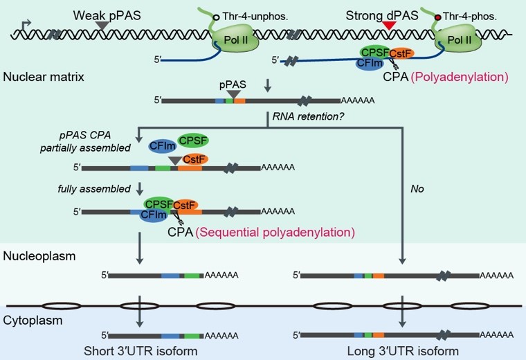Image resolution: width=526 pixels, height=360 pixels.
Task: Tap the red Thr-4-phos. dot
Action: (438, 17)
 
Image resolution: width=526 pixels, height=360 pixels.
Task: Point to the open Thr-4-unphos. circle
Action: (217, 17)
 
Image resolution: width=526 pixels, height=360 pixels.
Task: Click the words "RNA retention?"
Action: (308, 116)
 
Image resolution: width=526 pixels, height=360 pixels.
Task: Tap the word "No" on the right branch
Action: (417, 189)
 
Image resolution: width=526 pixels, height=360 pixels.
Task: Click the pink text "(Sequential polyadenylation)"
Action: (275, 232)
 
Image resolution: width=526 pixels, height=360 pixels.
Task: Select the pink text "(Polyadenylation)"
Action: (460, 77)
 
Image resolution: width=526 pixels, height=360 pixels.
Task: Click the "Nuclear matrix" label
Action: (44, 77)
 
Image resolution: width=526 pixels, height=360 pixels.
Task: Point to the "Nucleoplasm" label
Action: (39, 256)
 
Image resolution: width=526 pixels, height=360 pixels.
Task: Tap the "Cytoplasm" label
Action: (33, 320)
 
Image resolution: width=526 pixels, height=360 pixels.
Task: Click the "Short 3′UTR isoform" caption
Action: (140, 351)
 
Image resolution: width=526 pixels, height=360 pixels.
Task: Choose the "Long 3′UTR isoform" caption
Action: (403, 351)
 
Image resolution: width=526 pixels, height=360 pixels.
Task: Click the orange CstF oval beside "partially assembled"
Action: (195, 159)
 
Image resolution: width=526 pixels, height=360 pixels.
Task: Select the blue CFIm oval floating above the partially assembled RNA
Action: (163, 146)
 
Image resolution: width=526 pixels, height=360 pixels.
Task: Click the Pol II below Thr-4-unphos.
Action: (235, 40)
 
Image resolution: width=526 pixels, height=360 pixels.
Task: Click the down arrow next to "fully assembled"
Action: (140, 188)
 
